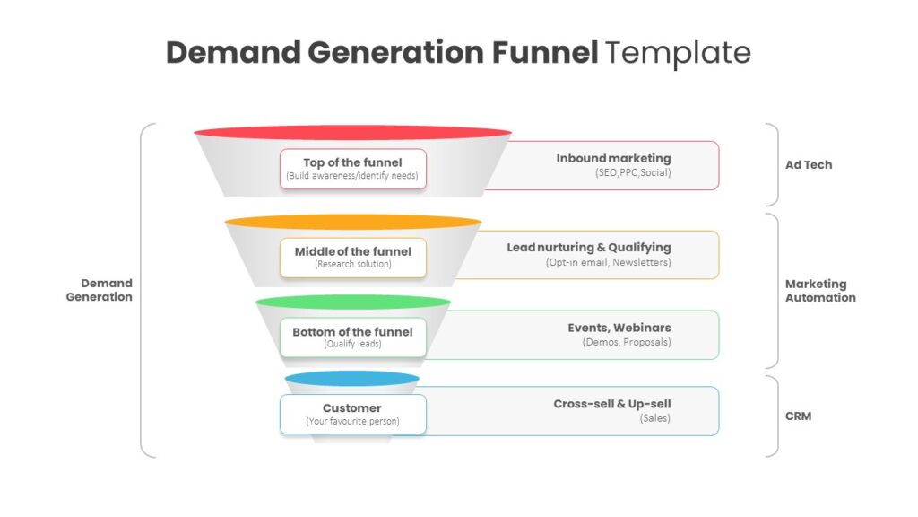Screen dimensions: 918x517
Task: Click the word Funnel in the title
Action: pos(544,52)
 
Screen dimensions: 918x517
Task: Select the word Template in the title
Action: pos(678,54)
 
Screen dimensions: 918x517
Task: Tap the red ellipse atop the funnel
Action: pos(352,133)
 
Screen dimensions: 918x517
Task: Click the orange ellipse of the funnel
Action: pos(352,222)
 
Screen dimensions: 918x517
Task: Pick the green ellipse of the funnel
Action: pos(352,302)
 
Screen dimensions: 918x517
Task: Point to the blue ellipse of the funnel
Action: pos(351,379)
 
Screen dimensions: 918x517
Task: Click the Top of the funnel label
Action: pos(353,169)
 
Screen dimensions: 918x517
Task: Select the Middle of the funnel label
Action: pos(353,258)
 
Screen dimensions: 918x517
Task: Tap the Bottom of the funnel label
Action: pos(353,337)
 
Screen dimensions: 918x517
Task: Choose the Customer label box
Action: pos(353,415)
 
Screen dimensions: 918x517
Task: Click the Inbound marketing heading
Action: pos(613,158)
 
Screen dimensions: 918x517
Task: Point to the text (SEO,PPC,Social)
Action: pos(633,173)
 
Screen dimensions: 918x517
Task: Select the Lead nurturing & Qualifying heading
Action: pos(589,248)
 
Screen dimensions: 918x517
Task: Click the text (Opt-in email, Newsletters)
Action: pos(609,263)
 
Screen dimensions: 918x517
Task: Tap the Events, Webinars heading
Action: pos(619,328)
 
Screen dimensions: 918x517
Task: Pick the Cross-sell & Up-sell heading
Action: pos(612,404)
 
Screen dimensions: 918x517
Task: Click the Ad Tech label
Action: pos(809,165)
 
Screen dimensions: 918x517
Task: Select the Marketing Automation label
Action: pos(820,291)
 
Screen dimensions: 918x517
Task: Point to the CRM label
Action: pos(798,416)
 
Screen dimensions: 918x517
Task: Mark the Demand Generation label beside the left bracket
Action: pos(99,290)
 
